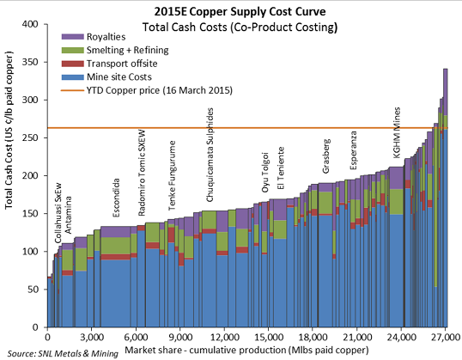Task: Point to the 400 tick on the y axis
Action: [x=32, y=24]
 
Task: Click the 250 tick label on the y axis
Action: [x=32, y=138]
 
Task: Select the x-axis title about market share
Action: [x=247, y=350]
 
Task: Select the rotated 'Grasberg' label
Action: [x=325, y=155]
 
